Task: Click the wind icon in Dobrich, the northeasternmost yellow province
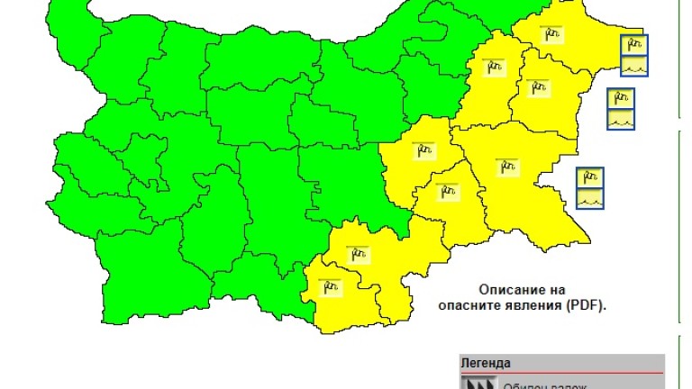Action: [x=552, y=32]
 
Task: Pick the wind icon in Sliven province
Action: [x=421, y=152]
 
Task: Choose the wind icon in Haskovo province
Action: [x=359, y=255]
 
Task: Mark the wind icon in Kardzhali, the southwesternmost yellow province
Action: [x=331, y=287]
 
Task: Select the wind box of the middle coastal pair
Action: [x=621, y=98]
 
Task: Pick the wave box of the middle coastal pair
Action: [x=621, y=119]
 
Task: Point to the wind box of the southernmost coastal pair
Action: [x=590, y=177]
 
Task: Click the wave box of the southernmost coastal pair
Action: [x=590, y=198]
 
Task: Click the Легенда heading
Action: [x=486, y=363]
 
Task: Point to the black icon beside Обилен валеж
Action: [x=478, y=383]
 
